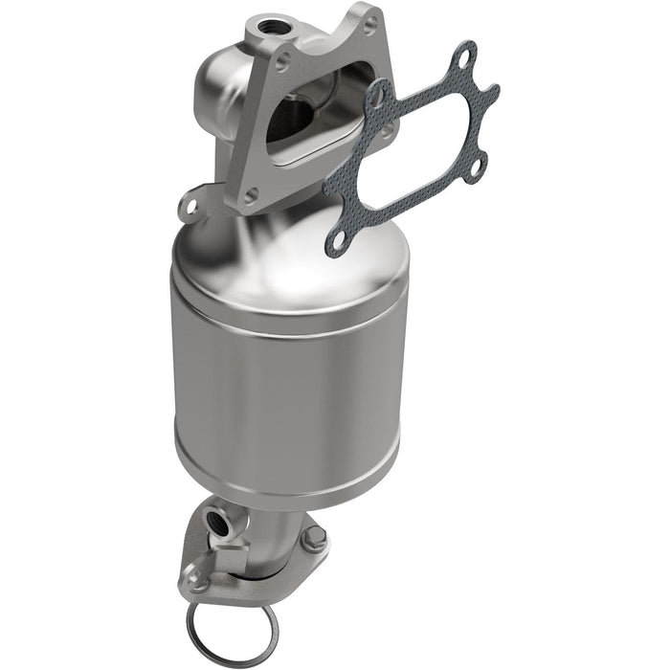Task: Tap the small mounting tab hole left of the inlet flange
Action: pos(190,205)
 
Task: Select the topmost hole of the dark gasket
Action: pos(464,58)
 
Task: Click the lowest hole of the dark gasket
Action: pos(336,242)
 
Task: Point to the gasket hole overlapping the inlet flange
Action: pos(378,97)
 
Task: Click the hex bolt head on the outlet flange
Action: pos(313,539)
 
